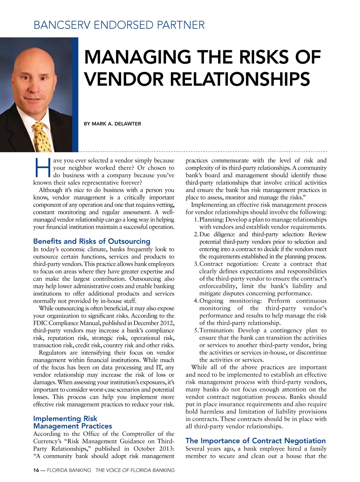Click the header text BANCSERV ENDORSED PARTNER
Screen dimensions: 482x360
pos(119,25)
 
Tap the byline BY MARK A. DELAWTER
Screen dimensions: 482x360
pos(112,124)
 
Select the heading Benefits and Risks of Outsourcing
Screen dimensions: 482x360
pos(91,241)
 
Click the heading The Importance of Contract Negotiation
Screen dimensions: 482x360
pos(256,441)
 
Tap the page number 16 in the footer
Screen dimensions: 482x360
pos(36,470)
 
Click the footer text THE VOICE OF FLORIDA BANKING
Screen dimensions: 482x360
pos(135,470)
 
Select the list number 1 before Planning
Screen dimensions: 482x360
pos(195,220)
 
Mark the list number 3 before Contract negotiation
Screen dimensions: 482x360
pos(195,264)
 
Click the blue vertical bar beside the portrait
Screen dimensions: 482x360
pos(75,95)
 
